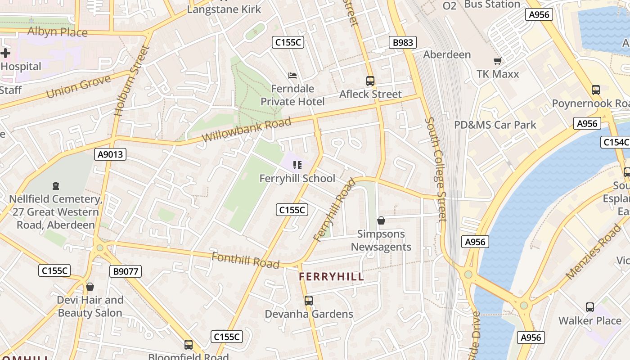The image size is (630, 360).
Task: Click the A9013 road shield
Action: [x=111, y=155]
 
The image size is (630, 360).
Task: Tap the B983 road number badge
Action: [x=403, y=43]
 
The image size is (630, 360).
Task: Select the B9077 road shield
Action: [x=126, y=271]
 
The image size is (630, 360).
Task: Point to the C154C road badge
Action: [x=615, y=142]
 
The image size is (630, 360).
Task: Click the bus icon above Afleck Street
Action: [x=370, y=81]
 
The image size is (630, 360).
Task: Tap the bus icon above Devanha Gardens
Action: [x=309, y=300]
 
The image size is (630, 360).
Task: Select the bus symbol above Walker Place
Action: [x=590, y=307]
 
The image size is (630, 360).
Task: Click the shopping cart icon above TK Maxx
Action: [x=497, y=61]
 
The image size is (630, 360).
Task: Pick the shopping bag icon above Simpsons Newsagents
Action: [x=381, y=220]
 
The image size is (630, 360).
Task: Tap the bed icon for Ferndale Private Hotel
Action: [x=292, y=75]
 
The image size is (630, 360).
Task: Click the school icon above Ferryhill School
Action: [x=297, y=165]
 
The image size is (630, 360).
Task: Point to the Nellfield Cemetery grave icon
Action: [x=56, y=185]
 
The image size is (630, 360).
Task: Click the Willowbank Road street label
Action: [x=247, y=130]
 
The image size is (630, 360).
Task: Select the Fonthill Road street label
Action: [x=245, y=260]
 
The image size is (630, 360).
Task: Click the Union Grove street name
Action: [x=78, y=87]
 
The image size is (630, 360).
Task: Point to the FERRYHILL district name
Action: [x=331, y=277]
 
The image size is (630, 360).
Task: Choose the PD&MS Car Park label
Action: [x=495, y=125]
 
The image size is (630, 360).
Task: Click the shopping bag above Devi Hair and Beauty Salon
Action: [x=90, y=287]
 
